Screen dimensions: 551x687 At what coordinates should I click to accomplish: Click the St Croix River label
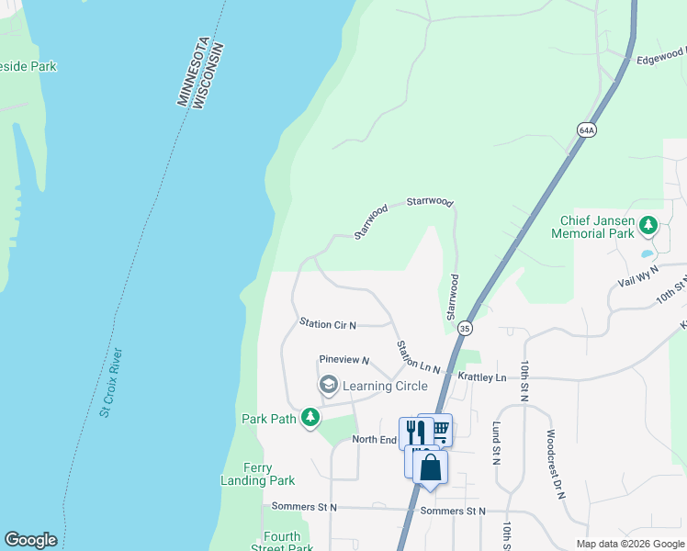[111, 382]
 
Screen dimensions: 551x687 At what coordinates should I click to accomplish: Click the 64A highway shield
[588, 130]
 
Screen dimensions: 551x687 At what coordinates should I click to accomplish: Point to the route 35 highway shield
[465, 328]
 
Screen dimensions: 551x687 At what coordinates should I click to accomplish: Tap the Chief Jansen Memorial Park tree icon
[648, 225]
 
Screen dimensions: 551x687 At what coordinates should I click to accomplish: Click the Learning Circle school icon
[328, 386]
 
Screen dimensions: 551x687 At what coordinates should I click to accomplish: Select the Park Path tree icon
[310, 419]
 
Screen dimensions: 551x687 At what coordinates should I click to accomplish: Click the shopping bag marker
[430, 468]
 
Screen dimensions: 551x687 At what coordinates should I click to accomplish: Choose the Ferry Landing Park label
[257, 474]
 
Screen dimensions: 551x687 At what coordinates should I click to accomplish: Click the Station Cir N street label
[328, 323]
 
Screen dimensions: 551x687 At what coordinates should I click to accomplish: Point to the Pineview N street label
[343, 361]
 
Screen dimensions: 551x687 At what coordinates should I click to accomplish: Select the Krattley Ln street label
[482, 377]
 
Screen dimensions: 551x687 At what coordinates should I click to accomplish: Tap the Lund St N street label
[496, 443]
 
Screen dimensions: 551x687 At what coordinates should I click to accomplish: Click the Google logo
[30, 541]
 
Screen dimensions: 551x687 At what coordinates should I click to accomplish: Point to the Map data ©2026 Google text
[630, 544]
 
